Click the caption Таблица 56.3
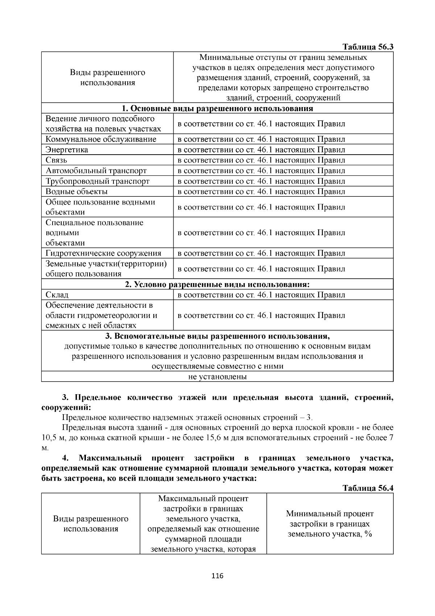pyautogui.click(x=368, y=47)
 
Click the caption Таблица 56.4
pyautogui.click(x=368, y=488)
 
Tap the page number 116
pyautogui.click(x=217, y=576)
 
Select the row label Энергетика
pyautogui.click(x=67, y=150)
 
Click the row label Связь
pyautogui.click(x=57, y=160)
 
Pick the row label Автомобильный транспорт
pyautogui.click(x=96, y=171)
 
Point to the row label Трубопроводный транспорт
pyautogui.click(x=98, y=181)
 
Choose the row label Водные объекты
pyautogui.click(x=76, y=192)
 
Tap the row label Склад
pyautogui.click(x=57, y=295)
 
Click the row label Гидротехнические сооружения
pyautogui.click(x=103, y=253)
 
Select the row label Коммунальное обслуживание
pyautogui.click(x=101, y=139)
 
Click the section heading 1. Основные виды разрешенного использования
pyautogui.click(x=217, y=109)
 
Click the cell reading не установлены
pyautogui.click(x=217, y=377)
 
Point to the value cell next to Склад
pyautogui.click(x=261, y=295)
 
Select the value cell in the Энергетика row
pyautogui.click(x=261, y=150)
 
